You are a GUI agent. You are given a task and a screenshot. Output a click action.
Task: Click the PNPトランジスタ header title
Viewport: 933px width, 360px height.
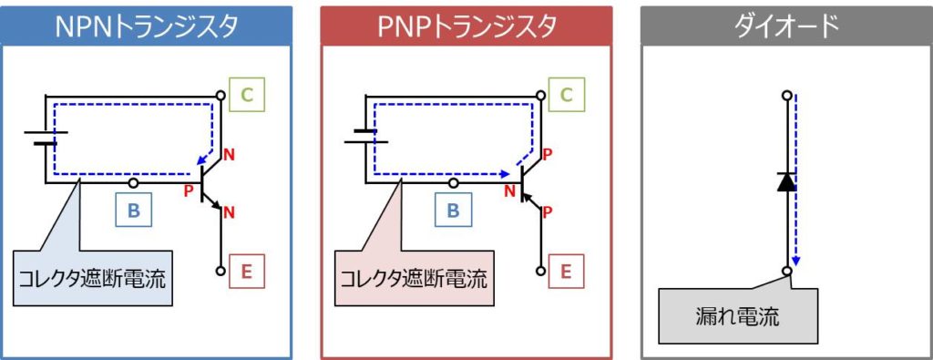click(466, 26)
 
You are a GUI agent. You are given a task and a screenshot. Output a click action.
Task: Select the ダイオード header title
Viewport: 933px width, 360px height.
click(786, 26)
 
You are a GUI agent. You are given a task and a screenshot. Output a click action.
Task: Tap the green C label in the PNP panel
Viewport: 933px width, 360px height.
click(567, 95)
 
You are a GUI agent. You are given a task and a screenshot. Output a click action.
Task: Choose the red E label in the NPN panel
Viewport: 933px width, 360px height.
click(247, 271)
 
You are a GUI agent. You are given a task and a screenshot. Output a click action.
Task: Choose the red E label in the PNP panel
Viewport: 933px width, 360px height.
click(567, 271)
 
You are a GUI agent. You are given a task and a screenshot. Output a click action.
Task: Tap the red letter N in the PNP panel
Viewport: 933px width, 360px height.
click(509, 190)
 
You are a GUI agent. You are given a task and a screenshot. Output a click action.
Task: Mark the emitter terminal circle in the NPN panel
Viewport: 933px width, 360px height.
click(221, 271)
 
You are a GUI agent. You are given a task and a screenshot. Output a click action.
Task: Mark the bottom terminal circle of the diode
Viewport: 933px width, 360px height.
click(788, 271)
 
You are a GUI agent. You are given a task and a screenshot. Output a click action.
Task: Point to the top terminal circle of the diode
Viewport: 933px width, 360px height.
click(788, 95)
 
